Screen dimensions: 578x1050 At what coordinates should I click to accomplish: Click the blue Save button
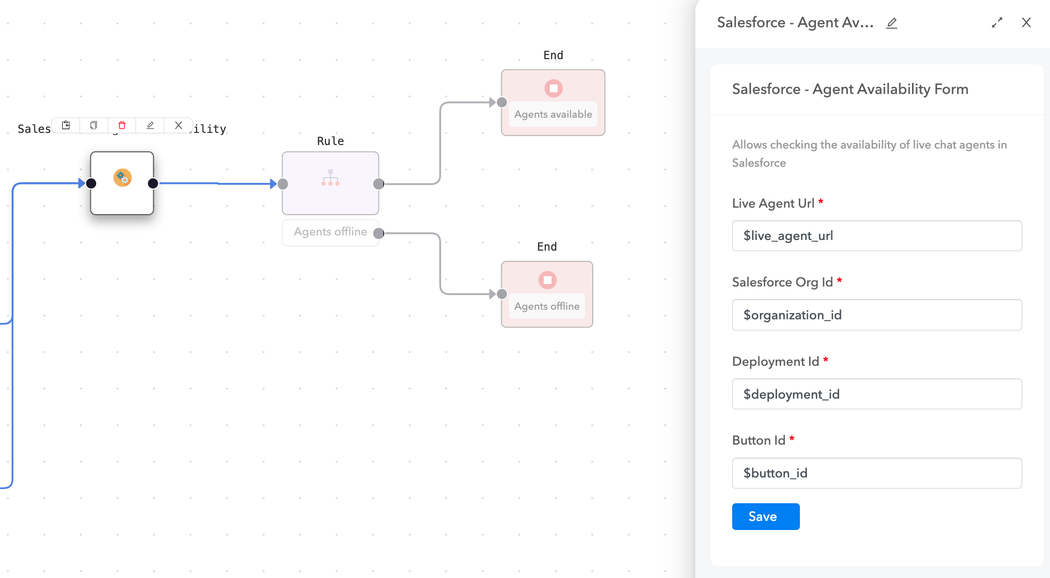coord(765,516)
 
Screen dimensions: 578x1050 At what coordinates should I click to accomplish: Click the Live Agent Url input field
coord(876,235)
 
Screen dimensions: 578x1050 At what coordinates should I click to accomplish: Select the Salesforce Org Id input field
coord(876,315)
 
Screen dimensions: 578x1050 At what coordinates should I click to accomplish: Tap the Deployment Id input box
coord(876,394)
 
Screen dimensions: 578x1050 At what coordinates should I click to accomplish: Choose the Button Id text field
coord(876,473)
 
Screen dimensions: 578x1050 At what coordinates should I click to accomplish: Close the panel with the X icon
coord(1026,23)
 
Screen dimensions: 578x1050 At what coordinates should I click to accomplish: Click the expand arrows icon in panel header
coord(996,23)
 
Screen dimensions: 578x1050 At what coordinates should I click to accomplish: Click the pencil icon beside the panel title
coord(891,23)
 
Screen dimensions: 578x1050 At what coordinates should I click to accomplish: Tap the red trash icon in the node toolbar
coord(122,125)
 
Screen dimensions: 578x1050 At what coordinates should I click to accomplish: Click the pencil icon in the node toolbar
coord(150,125)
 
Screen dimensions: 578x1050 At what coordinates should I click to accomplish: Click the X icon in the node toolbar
coord(178,125)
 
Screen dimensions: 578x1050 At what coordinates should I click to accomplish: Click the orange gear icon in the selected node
coord(122,178)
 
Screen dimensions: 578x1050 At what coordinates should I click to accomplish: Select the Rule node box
coord(330,183)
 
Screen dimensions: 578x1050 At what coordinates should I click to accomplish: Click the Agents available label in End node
coord(553,114)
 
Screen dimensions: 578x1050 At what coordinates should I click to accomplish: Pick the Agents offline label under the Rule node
coord(330,232)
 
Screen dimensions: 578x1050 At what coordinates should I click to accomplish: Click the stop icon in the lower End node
coord(547,280)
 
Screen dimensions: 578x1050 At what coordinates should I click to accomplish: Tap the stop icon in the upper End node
coord(553,88)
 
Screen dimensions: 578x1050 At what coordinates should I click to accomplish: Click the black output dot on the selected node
coord(153,183)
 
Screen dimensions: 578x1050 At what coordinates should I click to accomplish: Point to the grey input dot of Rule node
coord(283,184)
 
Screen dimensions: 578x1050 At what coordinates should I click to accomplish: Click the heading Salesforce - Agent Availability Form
coord(850,89)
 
